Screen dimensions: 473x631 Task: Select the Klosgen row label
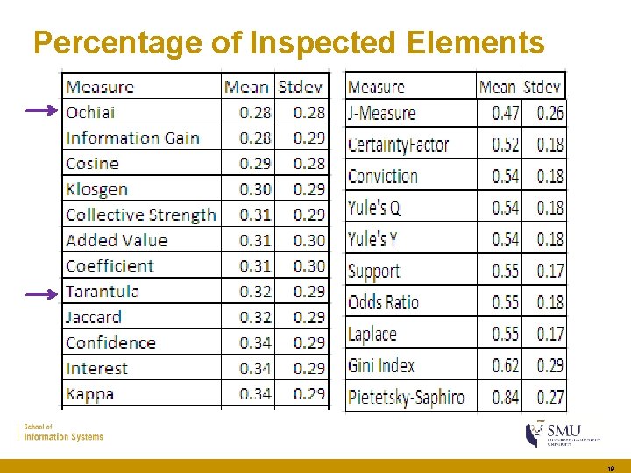96,189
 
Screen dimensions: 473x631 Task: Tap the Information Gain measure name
132,138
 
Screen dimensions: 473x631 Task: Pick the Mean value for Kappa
256,394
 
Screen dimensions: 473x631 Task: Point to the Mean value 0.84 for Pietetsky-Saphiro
506,397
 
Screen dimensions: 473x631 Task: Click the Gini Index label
381,365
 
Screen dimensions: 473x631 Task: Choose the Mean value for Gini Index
506,365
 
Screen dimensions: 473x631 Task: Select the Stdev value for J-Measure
550,113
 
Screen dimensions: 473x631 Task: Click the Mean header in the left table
246,87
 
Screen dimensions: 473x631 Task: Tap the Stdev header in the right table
543,87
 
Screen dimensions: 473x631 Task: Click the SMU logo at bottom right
562,433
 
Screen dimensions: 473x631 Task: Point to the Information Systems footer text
64,436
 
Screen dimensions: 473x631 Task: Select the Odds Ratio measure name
384,302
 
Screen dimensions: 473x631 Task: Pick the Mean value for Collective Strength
256,215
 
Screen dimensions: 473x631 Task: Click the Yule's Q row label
374,208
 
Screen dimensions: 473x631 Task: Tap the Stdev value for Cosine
309,164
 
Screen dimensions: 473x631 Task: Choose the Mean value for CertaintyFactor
506,145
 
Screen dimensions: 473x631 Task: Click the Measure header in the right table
376,87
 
